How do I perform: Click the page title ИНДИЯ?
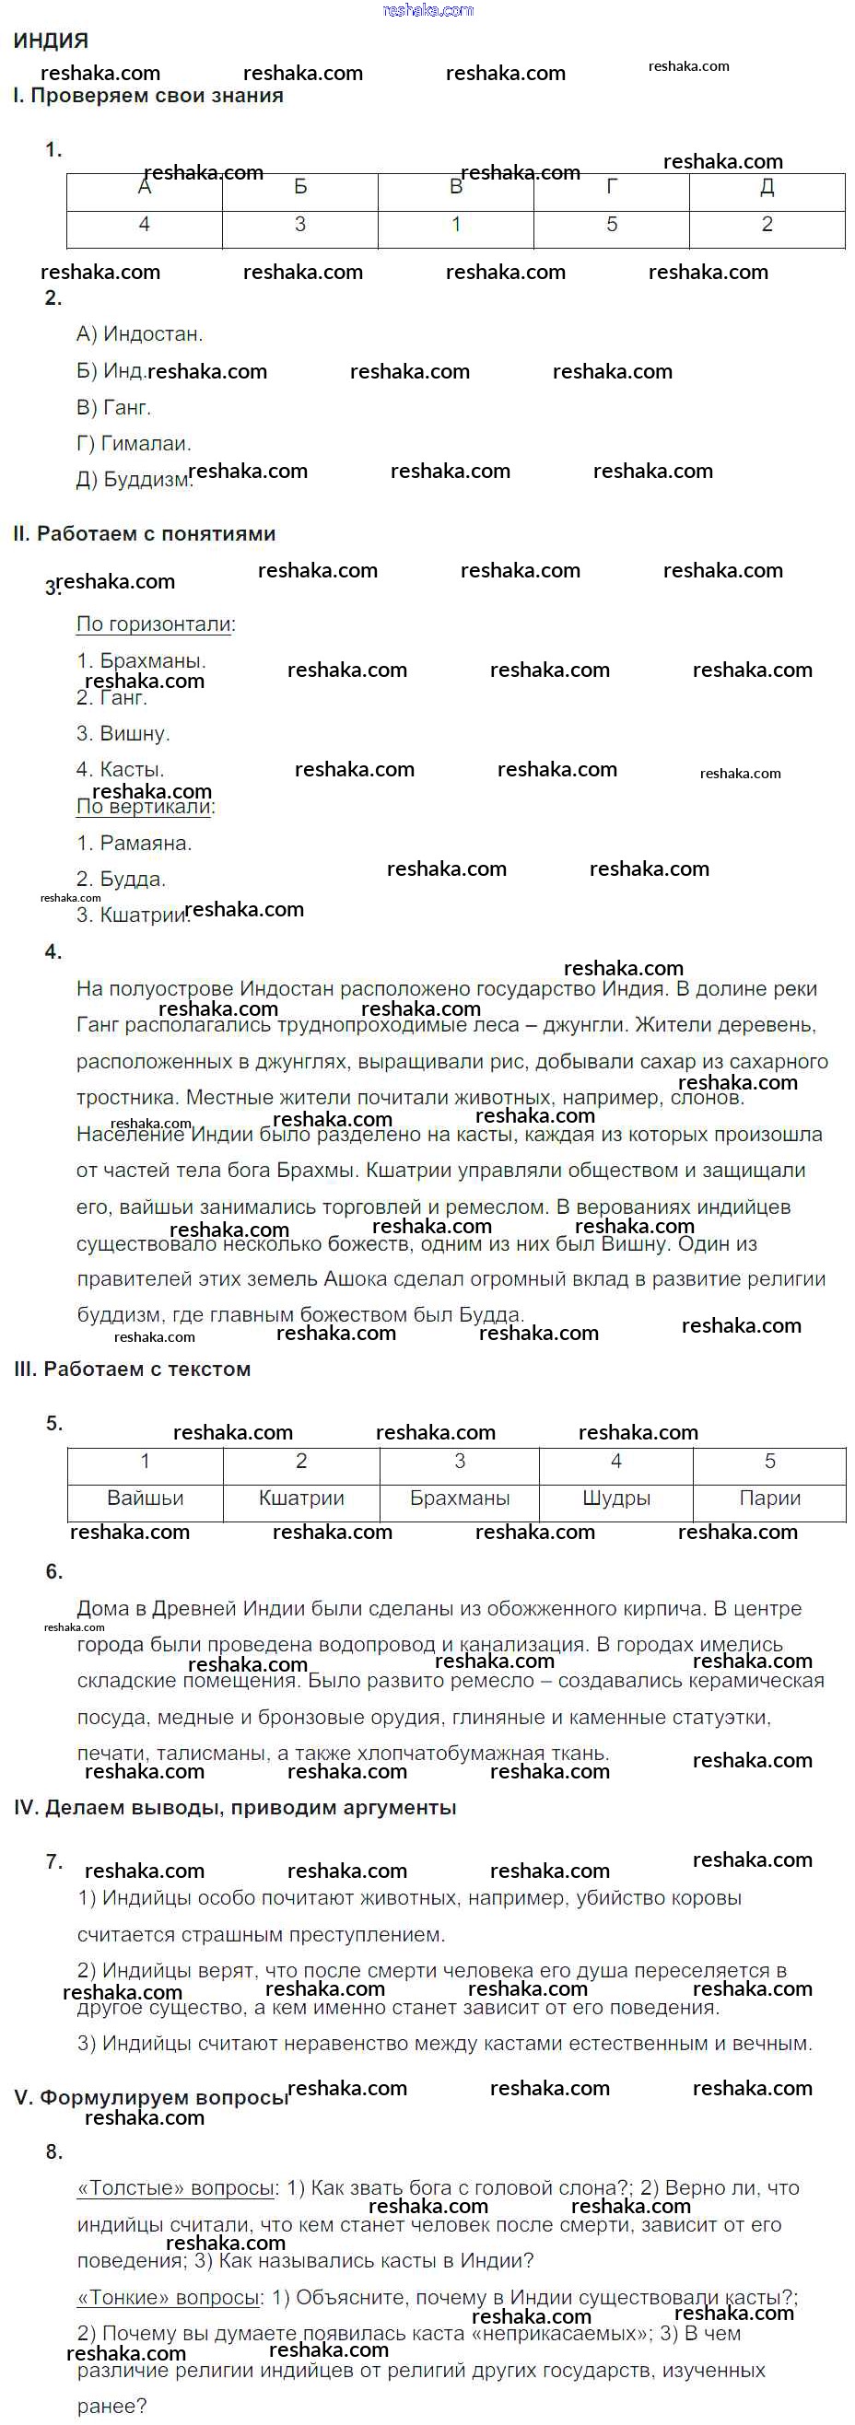51,41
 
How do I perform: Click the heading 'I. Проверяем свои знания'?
147,96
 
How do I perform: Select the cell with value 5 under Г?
611,225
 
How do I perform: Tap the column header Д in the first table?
767,187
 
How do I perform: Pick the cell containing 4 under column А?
144,225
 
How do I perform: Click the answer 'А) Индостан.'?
139,334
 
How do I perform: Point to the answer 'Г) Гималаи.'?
134,443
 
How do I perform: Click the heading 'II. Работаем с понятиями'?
144,534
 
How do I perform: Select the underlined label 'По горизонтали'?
154,624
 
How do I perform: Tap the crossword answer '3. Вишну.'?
123,733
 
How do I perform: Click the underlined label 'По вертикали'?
144,807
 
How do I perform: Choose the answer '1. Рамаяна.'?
134,844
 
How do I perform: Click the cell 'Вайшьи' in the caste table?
145,1498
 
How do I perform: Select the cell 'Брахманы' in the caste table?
460,1498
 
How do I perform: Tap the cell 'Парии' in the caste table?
769,1498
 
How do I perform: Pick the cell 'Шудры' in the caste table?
615,1498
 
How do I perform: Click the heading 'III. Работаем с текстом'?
133,1370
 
